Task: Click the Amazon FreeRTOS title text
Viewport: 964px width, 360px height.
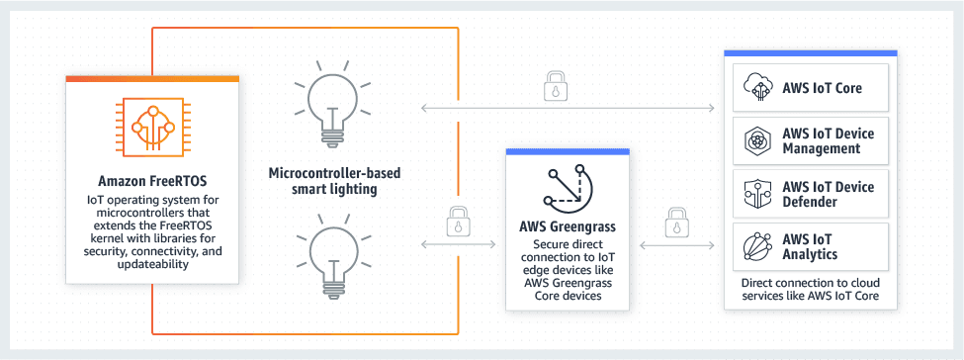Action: (x=150, y=181)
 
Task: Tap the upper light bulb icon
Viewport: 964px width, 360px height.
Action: (x=334, y=103)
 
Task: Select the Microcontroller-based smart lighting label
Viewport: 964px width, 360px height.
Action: (x=335, y=182)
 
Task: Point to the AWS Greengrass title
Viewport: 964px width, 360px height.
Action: (x=567, y=226)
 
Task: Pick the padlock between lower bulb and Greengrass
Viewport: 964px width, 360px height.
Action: (x=458, y=220)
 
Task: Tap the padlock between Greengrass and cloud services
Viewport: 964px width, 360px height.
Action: (x=676, y=221)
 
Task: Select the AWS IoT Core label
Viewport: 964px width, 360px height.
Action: (x=822, y=88)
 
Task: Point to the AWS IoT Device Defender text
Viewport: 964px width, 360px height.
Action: (x=828, y=194)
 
